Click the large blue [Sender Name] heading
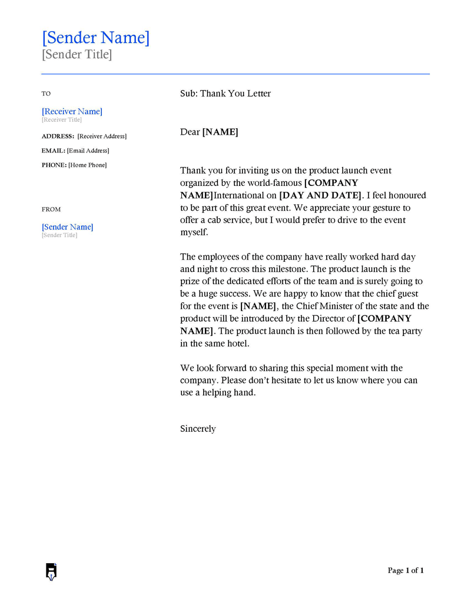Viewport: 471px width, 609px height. coord(95,38)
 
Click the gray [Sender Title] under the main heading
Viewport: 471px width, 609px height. coord(77,55)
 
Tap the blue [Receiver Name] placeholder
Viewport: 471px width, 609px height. coord(72,111)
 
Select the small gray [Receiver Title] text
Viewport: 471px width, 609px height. coord(62,120)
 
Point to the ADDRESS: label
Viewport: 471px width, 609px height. coord(58,137)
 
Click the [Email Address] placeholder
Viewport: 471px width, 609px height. coord(88,151)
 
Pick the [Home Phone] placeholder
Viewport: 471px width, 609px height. coord(88,165)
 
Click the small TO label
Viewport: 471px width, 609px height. coord(46,94)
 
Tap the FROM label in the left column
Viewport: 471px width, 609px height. coord(51,209)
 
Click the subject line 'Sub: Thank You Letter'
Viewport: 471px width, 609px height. coord(225,94)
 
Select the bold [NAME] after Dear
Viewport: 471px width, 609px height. coord(220,132)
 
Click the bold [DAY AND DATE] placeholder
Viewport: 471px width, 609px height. coord(319,195)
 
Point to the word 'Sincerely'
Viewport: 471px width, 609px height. coord(198,429)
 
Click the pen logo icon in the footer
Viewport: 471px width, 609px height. coord(51,571)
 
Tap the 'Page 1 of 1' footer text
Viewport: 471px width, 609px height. coord(406,570)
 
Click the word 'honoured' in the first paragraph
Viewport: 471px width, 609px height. coord(407,195)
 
